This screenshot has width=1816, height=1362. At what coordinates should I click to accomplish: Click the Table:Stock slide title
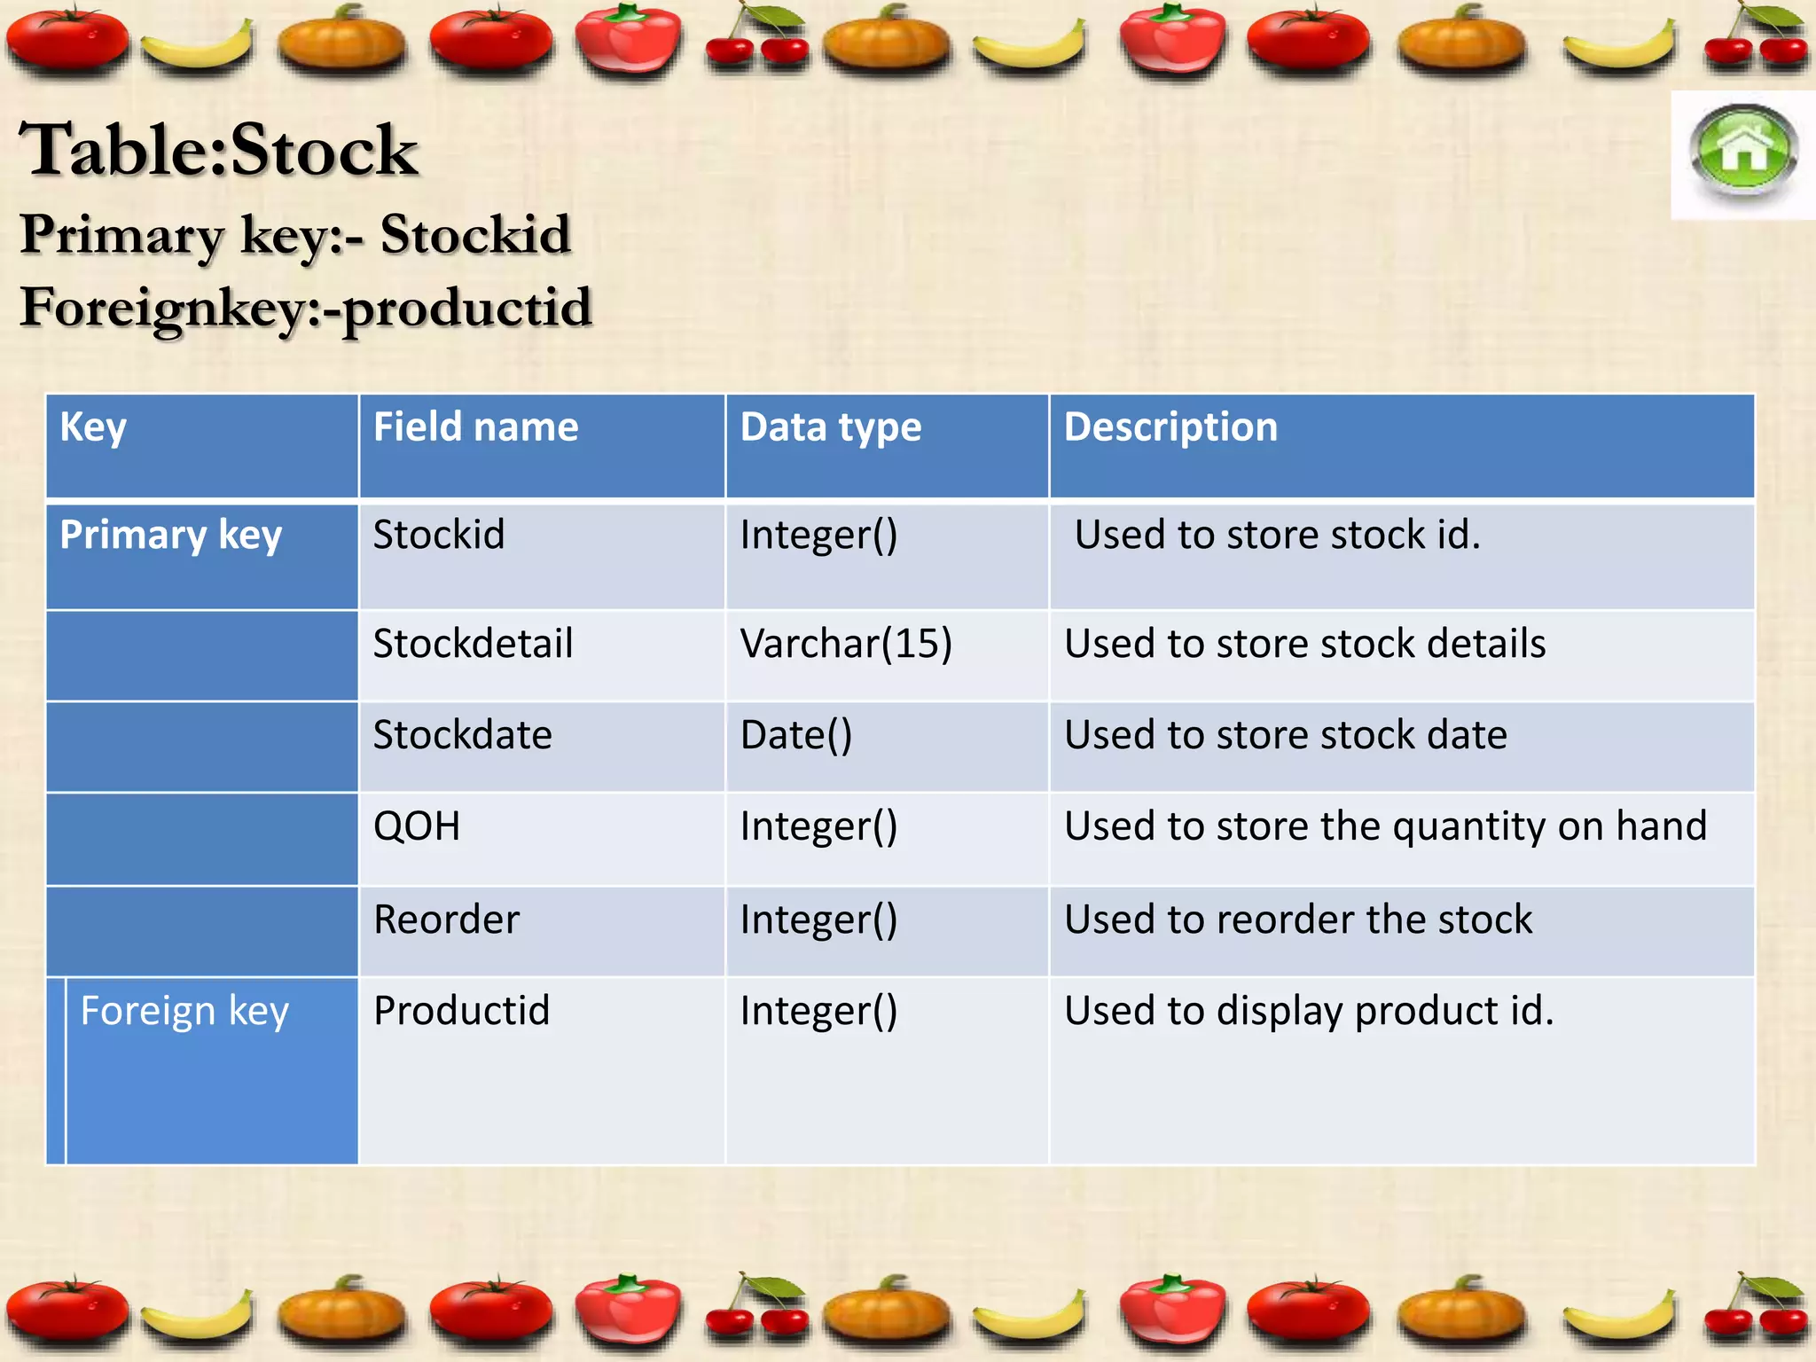[x=218, y=150]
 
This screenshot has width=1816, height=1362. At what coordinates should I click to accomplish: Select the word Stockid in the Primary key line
[x=475, y=235]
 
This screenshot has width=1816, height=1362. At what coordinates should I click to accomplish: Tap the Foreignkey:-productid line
[x=306, y=308]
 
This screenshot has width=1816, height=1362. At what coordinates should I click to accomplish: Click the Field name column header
[x=475, y=427]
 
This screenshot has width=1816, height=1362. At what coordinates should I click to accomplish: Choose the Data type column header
[x=831, y=427]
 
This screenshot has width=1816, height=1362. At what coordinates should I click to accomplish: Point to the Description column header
[x=1170, y=427]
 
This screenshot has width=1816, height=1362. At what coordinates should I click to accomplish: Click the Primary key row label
[x=171, y=536]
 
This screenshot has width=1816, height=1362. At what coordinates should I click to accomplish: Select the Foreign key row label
[x=184, y=1011]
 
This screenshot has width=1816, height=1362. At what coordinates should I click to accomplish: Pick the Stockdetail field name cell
[x=473, y=644]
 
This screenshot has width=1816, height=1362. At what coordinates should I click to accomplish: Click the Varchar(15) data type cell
[x=846, y=644]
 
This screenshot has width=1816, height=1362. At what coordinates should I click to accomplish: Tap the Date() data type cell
[x=796, y=735]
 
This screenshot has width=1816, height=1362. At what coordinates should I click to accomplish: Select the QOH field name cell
[x=417, y=826]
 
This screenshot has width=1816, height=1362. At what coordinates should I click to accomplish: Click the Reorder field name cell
[x=446, y=920]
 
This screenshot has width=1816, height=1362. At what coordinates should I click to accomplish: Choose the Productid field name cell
[x=461, y=1011]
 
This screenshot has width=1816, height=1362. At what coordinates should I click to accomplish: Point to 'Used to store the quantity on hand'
[x=1385, y=826]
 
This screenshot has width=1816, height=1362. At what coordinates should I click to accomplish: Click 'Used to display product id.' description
[x=1309, y=1011]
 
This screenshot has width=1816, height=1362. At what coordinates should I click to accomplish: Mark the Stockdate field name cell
[x=462, y=735]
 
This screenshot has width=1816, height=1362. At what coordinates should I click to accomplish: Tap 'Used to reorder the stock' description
[x=1298, y=920]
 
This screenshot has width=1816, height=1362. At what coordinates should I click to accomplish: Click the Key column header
[x=93, y=427]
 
